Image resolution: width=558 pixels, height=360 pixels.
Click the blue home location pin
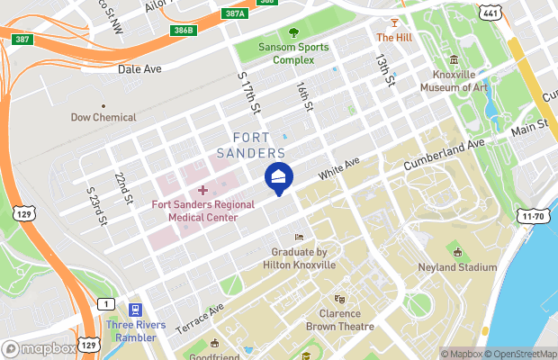pos(278,177)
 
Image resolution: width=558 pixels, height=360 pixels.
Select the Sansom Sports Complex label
pos(274,53)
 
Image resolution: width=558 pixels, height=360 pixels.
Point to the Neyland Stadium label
pos(457,267)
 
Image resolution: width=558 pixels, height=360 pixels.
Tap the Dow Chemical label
pos(103,117)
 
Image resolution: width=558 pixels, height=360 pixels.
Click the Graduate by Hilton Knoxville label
pos(299,258)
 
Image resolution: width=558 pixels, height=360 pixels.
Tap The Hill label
pos(393,38)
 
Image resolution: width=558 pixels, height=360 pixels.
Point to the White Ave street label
pos(338,166)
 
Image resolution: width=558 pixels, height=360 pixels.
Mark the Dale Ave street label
pos(139,67)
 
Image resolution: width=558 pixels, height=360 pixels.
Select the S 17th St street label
pos(248,94)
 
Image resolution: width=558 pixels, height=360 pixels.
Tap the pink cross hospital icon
pos(202,189)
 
